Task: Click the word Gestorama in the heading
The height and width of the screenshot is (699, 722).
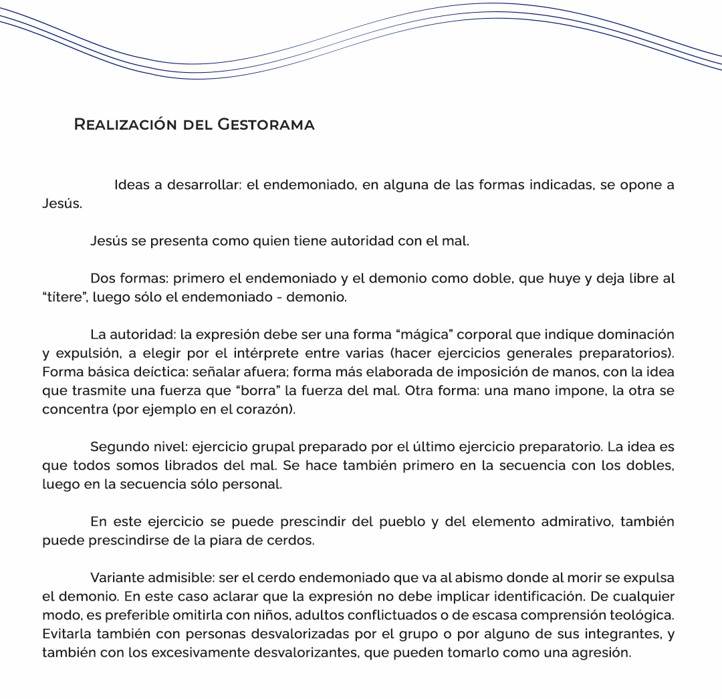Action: (x=266, y=125)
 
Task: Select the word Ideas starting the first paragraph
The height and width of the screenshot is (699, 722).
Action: (x=131, y=185)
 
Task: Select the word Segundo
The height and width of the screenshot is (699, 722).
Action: (x=116, y=446)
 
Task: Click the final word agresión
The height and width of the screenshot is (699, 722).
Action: (x=601, y=652)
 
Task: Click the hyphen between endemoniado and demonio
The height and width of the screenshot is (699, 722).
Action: (x=278, y=297)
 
